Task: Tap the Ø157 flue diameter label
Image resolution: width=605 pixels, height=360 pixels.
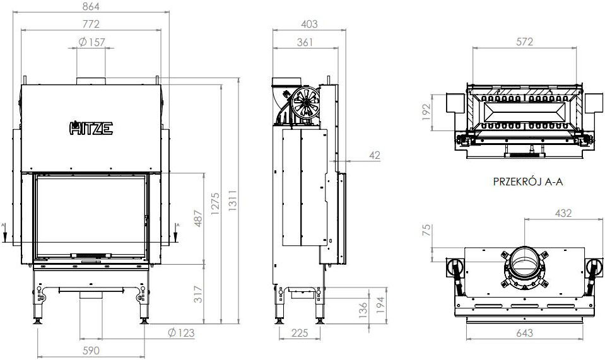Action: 92,42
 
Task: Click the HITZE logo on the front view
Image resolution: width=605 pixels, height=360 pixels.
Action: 91,129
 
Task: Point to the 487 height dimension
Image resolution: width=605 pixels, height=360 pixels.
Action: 199,219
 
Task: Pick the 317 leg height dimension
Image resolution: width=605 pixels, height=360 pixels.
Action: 199,293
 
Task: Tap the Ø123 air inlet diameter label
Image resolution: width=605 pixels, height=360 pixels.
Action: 181,333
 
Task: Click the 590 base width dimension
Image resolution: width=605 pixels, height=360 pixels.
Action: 91,351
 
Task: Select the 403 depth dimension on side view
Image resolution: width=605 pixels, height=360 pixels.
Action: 307,24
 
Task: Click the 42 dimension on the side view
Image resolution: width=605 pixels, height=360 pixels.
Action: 374,155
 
